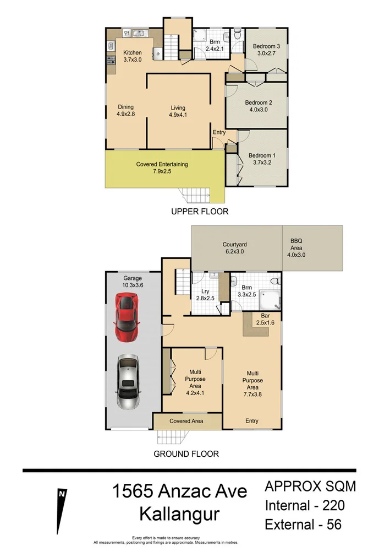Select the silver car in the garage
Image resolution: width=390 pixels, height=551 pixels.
128,381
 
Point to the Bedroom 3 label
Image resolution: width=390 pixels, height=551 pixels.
266,47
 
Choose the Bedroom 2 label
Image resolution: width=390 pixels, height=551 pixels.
259,102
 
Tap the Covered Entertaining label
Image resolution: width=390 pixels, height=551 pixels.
162,164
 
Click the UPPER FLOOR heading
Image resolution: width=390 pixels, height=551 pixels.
199,212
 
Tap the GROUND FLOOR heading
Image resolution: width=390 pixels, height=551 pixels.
186,454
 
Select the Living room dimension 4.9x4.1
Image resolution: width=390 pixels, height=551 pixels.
178,115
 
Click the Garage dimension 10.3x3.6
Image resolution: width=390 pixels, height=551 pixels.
133,285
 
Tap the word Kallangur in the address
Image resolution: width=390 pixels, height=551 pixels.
179,515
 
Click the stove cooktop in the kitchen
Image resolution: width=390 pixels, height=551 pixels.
111,61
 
